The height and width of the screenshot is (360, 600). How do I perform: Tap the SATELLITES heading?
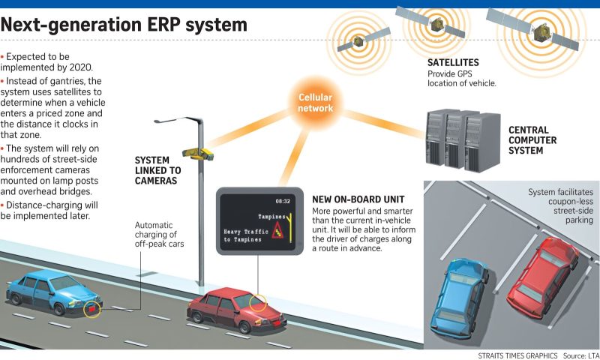point(453,63)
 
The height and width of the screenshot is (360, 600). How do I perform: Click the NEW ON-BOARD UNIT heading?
point(358,199)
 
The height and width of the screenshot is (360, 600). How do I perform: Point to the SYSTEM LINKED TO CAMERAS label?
point(157,170)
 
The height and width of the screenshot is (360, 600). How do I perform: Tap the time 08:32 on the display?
point(283,201)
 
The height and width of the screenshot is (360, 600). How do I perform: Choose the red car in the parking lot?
point(542,274)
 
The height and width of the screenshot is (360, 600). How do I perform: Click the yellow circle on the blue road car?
point(91,308)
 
